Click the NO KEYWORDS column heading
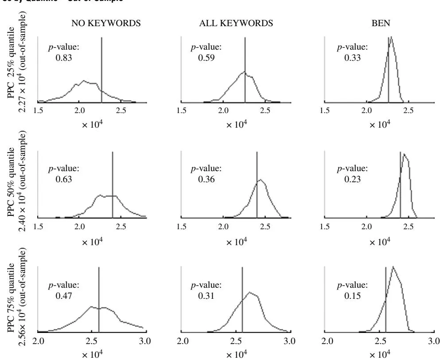[x=106, y=23]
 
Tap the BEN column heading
[x=381, y=23]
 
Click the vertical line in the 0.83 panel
[x=102, y=67]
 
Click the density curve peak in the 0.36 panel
[x=261, y=180]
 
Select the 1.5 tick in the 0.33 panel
[x=326, y=110]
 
